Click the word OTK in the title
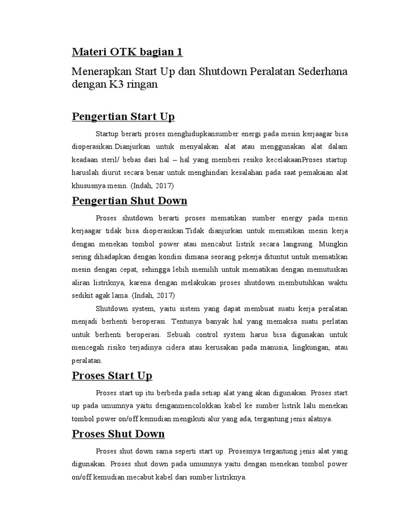click(120, 52)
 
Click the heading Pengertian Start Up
click(123, 117)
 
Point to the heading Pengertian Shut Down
click(129, 200)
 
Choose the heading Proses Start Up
click(112, 375)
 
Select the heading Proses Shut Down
click(118, 433)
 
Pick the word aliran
click(81, 283)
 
